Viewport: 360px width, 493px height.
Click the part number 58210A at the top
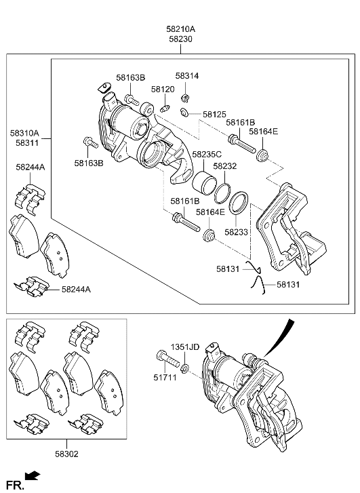pos(180,29)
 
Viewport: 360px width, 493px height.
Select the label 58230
pos(180,39)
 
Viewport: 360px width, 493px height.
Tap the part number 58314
pos(187,77)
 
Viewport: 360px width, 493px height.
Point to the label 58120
pos(163,89)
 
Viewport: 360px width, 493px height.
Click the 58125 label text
pos(214,115)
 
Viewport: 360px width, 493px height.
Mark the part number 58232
pos(224,165)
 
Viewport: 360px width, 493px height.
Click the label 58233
pos(237,231)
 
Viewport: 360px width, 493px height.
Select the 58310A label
pos(24,134)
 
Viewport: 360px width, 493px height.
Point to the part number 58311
pos(24,144)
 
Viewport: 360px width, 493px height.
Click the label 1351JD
pos(184,347)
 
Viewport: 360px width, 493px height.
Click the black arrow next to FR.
pos(32,477)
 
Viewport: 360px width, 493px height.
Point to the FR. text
pos(14,484)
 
